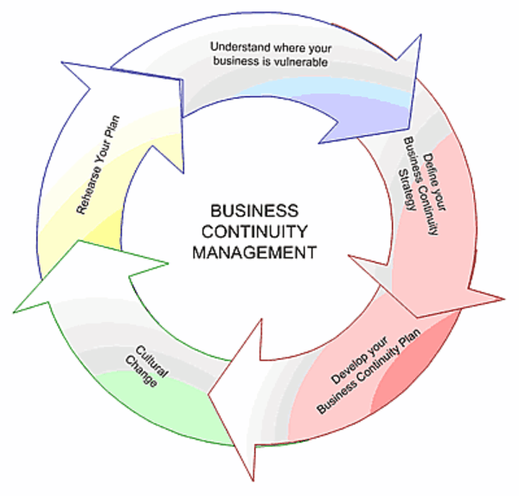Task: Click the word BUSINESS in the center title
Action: click(254, 211)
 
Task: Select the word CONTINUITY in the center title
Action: click(254, 232)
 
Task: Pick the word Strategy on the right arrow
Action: click(403, 173)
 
